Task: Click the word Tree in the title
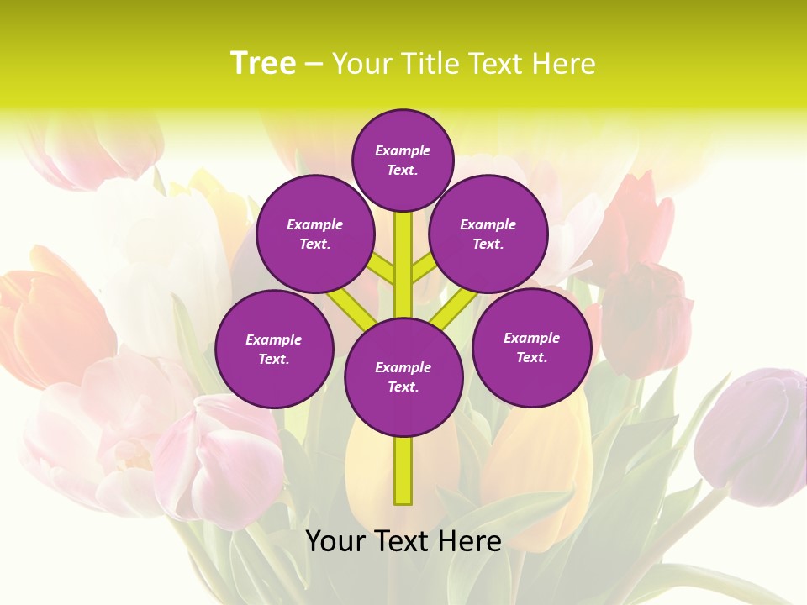[x=262, y=63]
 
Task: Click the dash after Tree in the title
[x=314, y=65]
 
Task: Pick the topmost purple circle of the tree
[x=403, y=160]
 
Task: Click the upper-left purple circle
[x=315, y=234]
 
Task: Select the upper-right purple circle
[x=488, y=234]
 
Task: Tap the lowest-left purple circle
[x=274, y=349]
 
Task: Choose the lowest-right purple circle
[x=532, y=347]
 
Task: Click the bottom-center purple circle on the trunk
[x=403, y=377]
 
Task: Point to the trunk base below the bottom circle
[x=403, y=471]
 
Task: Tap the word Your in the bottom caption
[x=335, y=541]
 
